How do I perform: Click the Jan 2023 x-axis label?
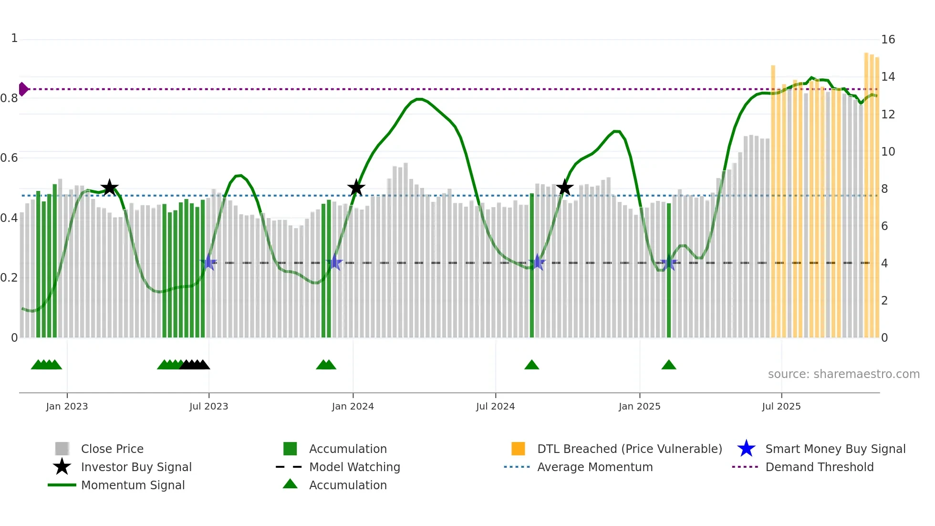coord(67,406)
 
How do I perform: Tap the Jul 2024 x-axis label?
coord(495,406)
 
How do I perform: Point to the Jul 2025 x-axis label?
coord(781,406)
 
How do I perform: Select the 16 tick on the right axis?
coord(888,40)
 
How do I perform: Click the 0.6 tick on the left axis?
coord(9,158)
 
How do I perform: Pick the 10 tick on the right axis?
coord(888,152)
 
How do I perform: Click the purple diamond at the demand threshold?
coord(23,89)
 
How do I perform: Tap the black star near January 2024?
coord(356,188)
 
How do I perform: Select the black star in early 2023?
coord(109,188)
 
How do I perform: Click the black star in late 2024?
coord(564,188)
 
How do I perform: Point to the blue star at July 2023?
coord(208,263)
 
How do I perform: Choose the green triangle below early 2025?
coord(668,365)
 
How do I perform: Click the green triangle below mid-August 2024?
coord(531,365)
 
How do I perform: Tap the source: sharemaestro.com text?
coord(843,374)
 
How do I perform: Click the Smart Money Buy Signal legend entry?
coord(835,449)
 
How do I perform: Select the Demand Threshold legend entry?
coord(819,467)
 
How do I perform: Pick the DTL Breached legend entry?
coord(629,449)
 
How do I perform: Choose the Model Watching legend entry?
coord(354,467)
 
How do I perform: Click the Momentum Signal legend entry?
coord(133,485)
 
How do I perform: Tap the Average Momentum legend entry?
coord(594,467)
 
